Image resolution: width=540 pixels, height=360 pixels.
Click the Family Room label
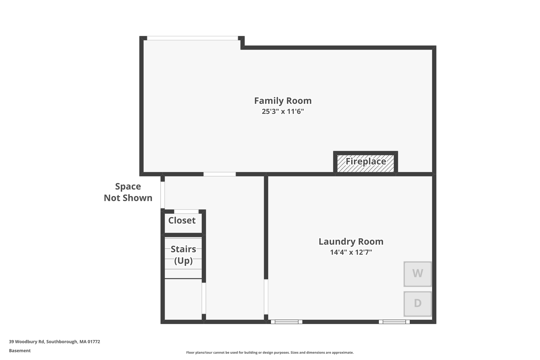tap(283, 101)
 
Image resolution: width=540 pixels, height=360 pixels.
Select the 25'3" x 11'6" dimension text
tap(283, 112)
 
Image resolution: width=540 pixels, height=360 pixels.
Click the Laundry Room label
tap(351, 242)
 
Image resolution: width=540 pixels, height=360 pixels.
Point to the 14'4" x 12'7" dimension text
tap(351, 252)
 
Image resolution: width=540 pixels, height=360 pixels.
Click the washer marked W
tap(417, 274)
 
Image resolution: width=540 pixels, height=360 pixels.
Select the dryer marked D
tap(417, 304)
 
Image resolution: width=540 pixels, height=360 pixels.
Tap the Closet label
tap(182, 220)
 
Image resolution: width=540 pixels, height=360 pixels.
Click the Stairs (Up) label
tap(183, 255)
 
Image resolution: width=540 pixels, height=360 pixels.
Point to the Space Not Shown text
tap(128, 192)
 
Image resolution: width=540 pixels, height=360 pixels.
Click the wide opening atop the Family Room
tap(192, 38)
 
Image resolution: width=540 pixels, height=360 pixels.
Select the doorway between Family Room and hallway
tap(219, 174)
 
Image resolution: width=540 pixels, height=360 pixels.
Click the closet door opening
tap(186, 212)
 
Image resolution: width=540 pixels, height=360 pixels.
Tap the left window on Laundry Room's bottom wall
tap(286, 322)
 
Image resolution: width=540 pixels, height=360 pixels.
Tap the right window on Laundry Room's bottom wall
tap(394, 322)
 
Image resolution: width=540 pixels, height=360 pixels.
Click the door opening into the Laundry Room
tap(266, 297)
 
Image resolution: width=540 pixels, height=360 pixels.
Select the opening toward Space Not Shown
tap(163, 195)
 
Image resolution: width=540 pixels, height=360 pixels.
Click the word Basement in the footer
tap(20, 351)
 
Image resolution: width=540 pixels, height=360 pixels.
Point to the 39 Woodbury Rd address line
tap(55, 342)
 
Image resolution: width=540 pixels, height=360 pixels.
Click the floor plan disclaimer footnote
tap(270, 352)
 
